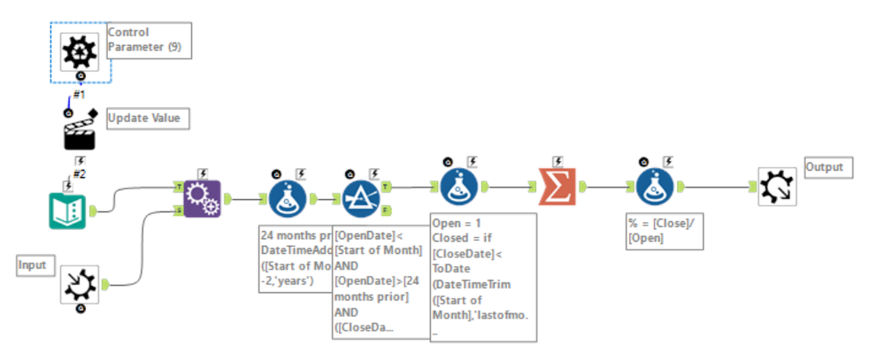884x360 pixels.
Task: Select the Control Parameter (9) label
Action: [148, 40]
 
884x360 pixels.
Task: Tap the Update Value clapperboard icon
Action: [81, 135]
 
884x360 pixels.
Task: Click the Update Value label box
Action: [148, 118]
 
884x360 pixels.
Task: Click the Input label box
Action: [35, 264]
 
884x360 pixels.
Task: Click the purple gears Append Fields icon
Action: [202, 198]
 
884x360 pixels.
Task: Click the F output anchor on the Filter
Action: [387, 211]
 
